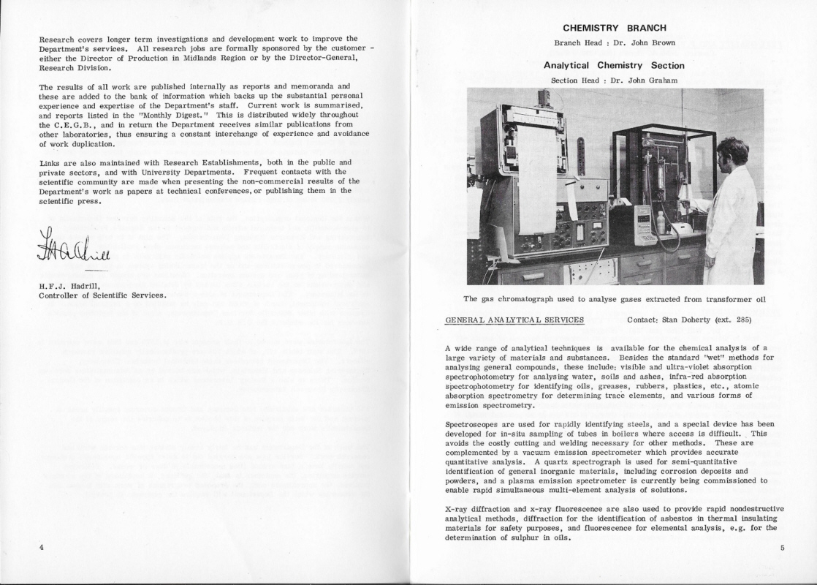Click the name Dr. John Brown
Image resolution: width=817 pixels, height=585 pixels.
[x=644, y=43]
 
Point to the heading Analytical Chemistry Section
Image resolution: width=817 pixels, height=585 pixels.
[x=614, y=65]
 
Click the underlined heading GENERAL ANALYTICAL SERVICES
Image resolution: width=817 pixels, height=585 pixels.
[x=514, y=320]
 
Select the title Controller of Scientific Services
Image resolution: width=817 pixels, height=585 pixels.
[x=102, y=295]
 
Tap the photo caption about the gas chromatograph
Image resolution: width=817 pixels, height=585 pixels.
[x=614, y=298]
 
